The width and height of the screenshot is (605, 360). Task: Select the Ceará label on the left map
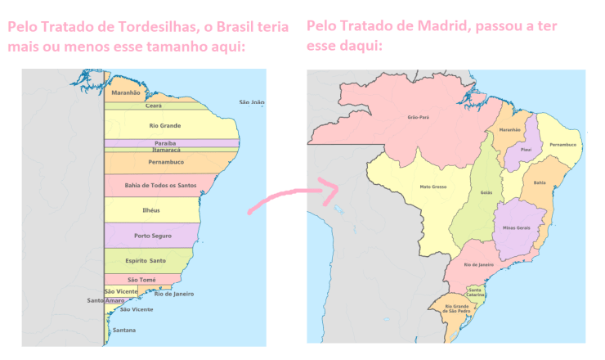click(x=154, y=106)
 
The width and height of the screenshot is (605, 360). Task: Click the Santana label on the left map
click(x=124, y=330)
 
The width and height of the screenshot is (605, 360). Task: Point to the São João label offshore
click(x=252, y=102)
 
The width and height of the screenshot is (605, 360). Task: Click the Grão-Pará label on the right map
click(x=418, y=117)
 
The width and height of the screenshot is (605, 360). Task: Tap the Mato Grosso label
click(x=432, y=187)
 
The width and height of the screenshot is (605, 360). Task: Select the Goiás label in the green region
click(x=486, y=192)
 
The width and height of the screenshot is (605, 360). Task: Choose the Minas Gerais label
click(x=518, y=227)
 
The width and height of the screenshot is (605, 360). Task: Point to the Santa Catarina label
click(x=476, y=292)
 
